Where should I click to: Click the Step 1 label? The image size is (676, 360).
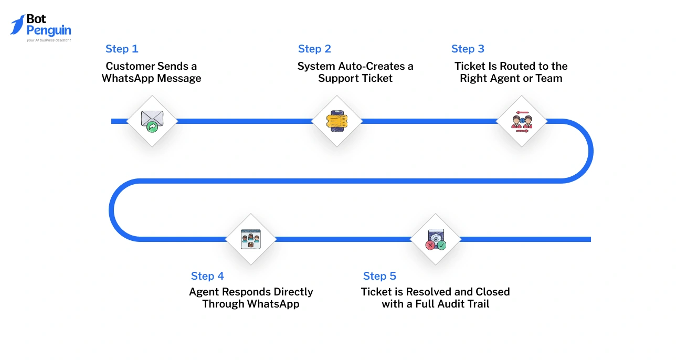point(122,49)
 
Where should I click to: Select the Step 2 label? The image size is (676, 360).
point(314,49)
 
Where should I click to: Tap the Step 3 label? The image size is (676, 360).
point(468,49)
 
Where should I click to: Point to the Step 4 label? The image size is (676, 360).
point(207,276)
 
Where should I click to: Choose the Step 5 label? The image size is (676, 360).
point(379,276)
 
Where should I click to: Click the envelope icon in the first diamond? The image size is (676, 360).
point(152,119)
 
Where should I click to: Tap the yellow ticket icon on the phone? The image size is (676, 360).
point(336,121)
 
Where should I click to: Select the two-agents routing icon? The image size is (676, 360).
point(522,121)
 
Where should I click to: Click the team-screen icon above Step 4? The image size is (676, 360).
point(250,239)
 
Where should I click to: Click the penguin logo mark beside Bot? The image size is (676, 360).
point(17,25)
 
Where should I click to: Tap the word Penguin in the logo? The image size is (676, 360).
point(48,30)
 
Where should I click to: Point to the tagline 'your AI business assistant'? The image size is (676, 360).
point(48,40)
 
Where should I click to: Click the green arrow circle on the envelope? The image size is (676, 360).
point(152,126)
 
